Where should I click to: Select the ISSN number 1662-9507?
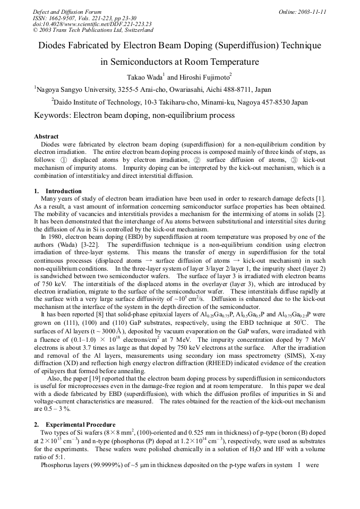63,18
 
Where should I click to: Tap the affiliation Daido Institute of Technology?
97,102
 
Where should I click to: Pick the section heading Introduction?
64,191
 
